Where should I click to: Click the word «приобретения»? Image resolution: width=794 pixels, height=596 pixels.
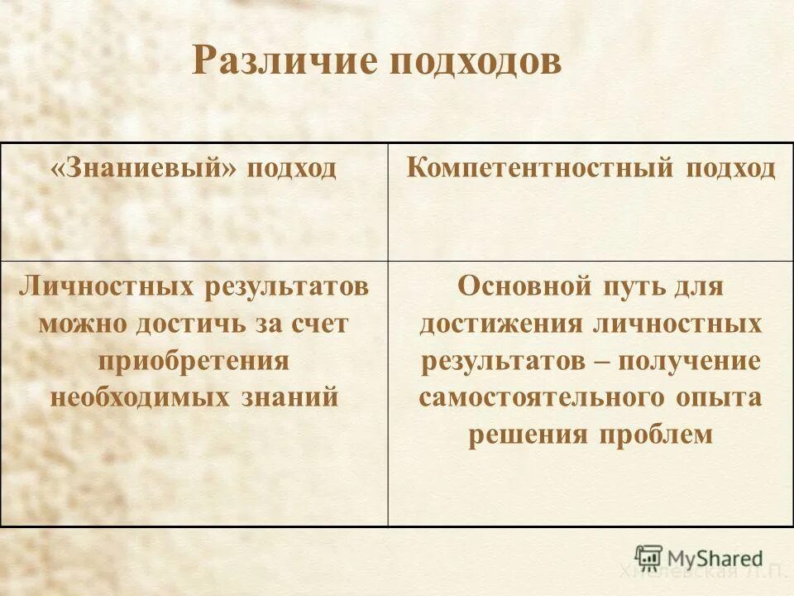click(194, 360)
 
